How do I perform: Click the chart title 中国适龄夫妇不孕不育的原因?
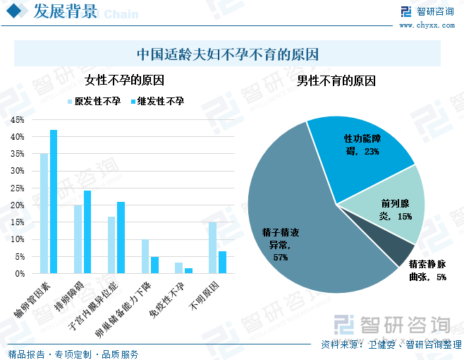228,54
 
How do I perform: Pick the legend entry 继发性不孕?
156,102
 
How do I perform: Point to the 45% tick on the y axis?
18,119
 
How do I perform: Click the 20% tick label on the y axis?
18,205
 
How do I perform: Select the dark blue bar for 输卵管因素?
54,201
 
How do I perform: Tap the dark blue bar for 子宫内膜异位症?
121,237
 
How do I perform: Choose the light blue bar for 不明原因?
213,248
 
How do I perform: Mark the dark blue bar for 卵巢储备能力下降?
155,265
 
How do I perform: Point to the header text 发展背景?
63,11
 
